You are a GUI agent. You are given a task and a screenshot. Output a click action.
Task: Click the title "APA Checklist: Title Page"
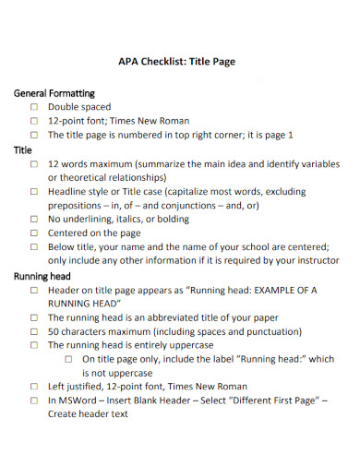pyautogui.click(x=177, y=62)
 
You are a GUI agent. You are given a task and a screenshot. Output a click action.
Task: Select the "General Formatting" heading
pyautogui.click(x=55, y=93)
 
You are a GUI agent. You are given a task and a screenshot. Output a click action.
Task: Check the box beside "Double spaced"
pyautogui.click(x=34, y=107)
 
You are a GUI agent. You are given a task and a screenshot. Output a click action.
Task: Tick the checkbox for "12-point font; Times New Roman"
pyautogui.click(x=34, y=121)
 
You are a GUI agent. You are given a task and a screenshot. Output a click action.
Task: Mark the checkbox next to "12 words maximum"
pyautogui.click(x=34, y=163)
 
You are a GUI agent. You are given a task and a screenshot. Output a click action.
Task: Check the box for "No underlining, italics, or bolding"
pyautogui.click(x=34, y=220)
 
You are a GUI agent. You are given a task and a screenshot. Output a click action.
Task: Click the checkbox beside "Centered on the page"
pyautogui.click(x=34, y=233)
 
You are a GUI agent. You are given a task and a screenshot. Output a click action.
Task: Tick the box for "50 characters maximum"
pyautogui.click(x=34, y=331)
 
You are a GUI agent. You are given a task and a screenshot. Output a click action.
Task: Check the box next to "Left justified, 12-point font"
pyautogui.click(x=34, y=387)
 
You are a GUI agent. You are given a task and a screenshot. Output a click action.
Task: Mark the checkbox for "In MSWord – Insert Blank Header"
pyautogui.click(x=34, y=401)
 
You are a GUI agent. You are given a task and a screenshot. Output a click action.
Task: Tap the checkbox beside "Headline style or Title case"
pyautogui.click(x=34, y=191)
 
